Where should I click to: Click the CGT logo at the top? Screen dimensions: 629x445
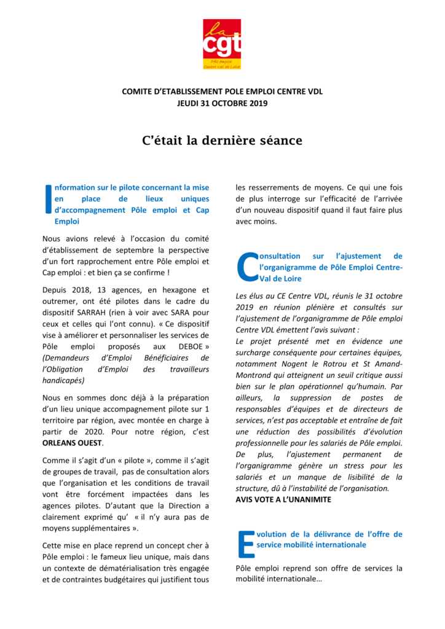point(222,44)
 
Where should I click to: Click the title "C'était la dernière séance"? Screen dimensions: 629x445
point(222,141)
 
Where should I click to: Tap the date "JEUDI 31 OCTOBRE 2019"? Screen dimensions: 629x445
point(222,103)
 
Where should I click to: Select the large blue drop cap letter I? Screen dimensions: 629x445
point(48,199)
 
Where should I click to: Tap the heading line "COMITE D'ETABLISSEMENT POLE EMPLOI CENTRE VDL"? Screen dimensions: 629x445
point(222,92)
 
